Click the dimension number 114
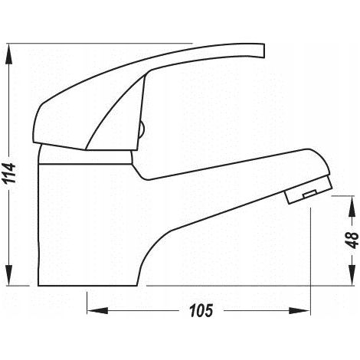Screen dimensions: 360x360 pyautogui.click(x=9, y=173)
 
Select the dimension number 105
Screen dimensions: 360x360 pyautogui.click(x=201, y=311)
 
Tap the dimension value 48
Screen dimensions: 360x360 pyautogui.click(x=352, y=240)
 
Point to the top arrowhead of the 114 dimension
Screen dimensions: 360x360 pyautogui.click(x=9, y=54)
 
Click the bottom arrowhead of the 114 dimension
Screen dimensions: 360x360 pyautogui.click(x=9, y=275)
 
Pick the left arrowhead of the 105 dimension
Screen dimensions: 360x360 pyautogui.click(x=97, y=311)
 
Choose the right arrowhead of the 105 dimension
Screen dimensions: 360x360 pyautogui.click(x=299, y=311)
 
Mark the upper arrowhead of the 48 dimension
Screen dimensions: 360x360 pyautogui.click(x=352, y=206)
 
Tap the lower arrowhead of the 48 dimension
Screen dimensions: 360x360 pyautogui.click(x=352, y=275)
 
